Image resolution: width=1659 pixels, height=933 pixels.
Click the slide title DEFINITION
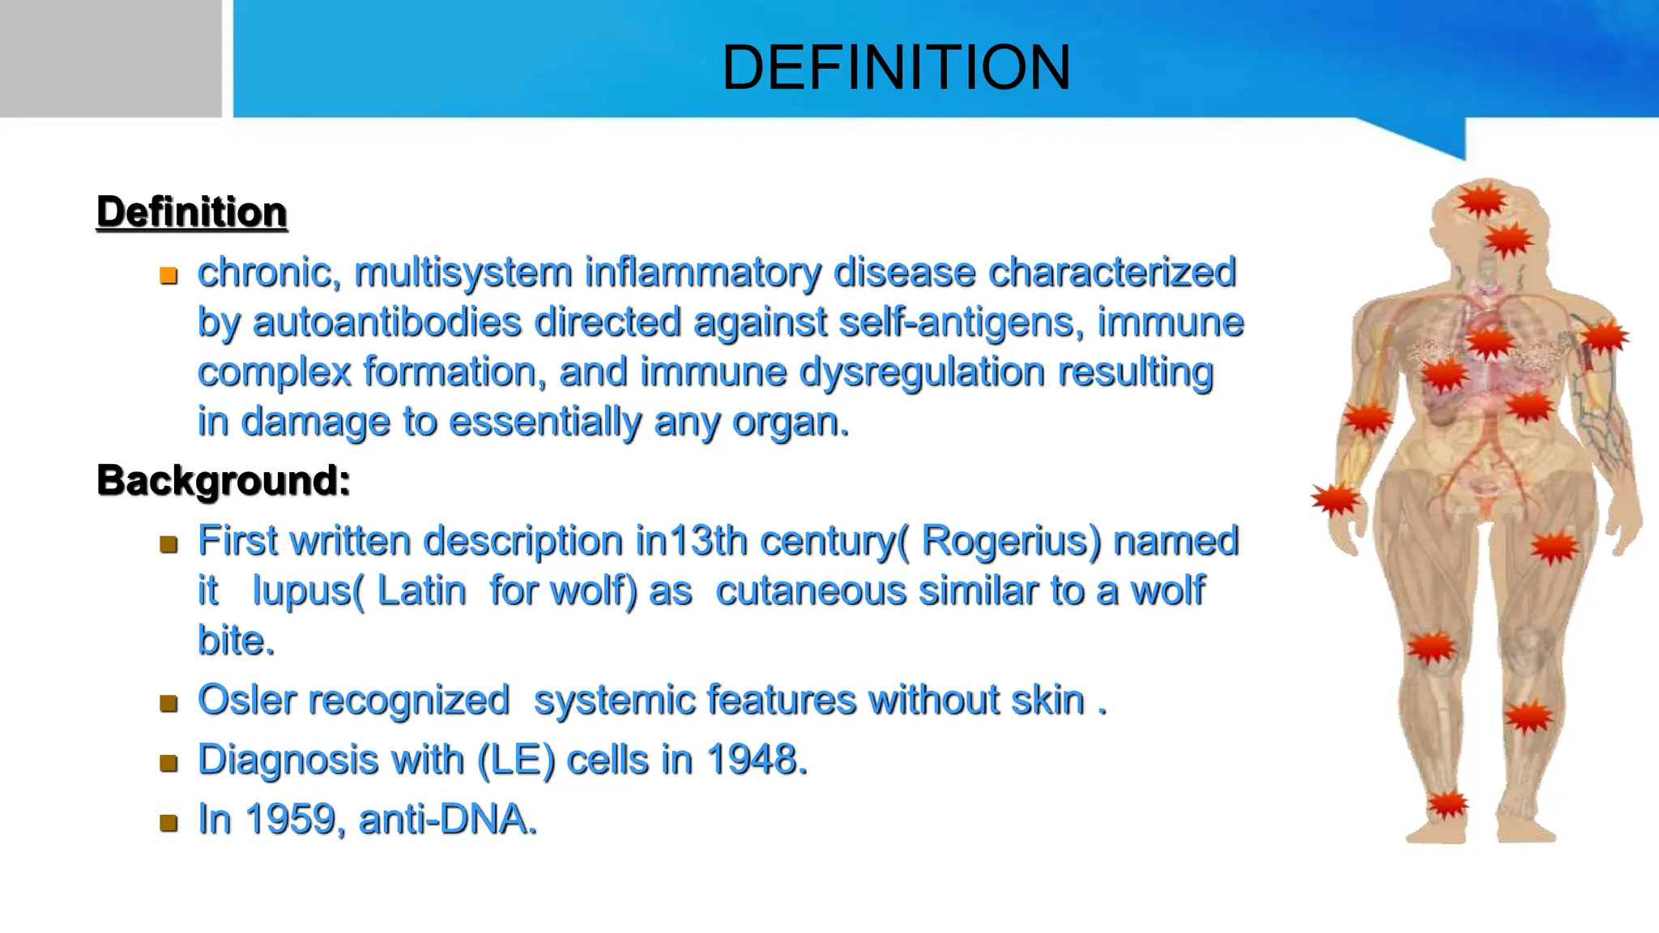[x=896, y=67]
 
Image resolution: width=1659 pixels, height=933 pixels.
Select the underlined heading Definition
[x=192, y=212]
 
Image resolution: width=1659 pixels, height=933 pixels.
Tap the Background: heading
[x=224, y=480]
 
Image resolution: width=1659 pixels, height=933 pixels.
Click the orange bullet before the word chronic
[x=168, y=275]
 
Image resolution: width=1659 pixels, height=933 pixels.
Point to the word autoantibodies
[x=387, y=322]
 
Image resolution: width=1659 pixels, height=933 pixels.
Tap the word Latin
[x=422, y=590]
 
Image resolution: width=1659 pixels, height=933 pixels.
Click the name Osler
[x=247, y=700]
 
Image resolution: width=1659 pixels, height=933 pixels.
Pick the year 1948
[x=755, y=760]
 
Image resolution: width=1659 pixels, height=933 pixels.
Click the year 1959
[x=289, y=819]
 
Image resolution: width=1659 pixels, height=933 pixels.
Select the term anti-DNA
[x=447, y=819]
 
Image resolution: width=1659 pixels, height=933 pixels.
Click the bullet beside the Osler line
[x=168, y=703]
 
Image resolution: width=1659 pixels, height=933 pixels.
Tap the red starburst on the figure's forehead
[x=1482, y=200]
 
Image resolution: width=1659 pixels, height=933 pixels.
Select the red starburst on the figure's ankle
[x=1447, y=804]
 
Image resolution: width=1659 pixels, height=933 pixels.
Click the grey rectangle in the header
[x=110, y=58]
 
